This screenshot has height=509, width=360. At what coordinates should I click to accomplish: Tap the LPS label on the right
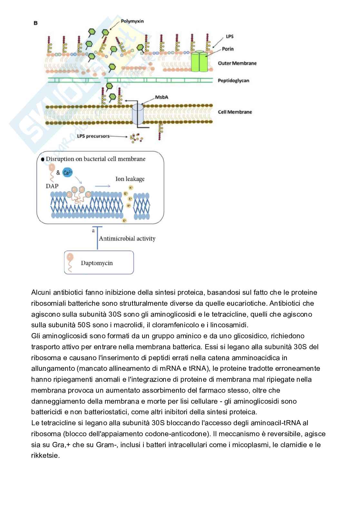[x=229, y=36]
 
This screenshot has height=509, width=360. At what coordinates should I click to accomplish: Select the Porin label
[x=228, y=49]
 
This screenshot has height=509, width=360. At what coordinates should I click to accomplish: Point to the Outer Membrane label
[x=237, y=63]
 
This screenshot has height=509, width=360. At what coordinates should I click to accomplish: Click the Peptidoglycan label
[x=233, y=81]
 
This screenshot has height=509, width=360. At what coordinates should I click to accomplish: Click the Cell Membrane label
[x=235, y=112]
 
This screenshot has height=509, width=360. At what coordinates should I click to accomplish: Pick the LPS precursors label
[x=93, y=136]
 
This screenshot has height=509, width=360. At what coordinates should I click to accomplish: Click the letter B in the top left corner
[x=36, y=23]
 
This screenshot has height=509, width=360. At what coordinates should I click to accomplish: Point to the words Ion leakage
[x=130, y=179]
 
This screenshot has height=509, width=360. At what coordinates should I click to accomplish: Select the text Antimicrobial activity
[x=127, y=239]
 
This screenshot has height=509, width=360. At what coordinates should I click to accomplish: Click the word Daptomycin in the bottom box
[x=97, y=263]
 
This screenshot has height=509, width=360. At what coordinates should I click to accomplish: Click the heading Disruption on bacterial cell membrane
[x=95, y=159]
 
